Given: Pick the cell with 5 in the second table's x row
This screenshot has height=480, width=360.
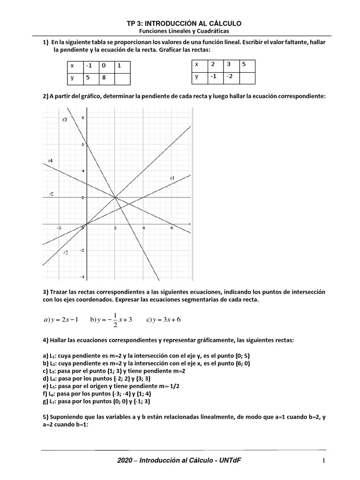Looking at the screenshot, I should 247,65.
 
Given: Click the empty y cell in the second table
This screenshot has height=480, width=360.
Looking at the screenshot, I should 247,76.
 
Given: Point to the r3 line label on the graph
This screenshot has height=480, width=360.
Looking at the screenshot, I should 65,120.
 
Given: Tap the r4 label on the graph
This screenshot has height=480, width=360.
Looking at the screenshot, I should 50,161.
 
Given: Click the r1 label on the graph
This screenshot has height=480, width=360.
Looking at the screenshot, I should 172,178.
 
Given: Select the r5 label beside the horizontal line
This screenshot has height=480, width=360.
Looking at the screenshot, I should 51,194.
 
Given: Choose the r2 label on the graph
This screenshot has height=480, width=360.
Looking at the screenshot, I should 66,253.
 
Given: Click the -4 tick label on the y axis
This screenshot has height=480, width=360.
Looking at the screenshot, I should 82,277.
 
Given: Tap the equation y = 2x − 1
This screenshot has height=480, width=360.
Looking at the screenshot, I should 61,320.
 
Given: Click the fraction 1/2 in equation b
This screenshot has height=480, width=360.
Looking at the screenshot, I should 115,320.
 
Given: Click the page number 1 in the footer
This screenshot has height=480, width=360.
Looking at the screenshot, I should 323,462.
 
